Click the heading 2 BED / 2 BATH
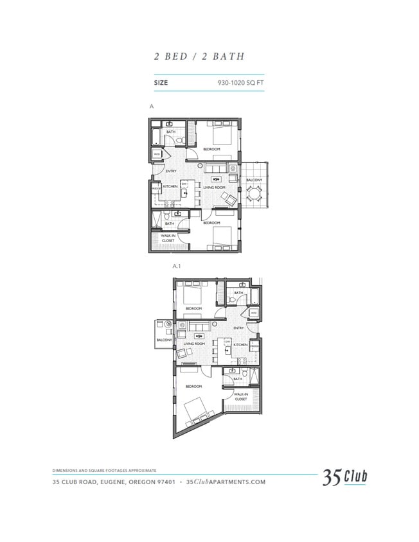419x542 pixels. click(x=199, y=56)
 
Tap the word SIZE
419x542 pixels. click(x=161, y=83)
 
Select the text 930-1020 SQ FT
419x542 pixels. click(x=240, y=83)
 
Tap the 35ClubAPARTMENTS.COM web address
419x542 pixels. click(x=225, y=482)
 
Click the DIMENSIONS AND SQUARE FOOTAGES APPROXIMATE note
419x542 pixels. click(x=104, y=471)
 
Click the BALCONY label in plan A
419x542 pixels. click(x=254, y=180)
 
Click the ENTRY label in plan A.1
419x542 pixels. click(x=238, y=328)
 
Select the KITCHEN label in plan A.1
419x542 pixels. click(x=240, y=345)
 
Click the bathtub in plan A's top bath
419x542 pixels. click(x=157, y=136)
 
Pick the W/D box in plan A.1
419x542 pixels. click(x=254, y=313)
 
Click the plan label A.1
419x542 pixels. click(x=177, y=265)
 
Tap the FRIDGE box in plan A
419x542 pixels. click(x=156, y=188)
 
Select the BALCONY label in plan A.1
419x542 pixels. click(x=163, y=340)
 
